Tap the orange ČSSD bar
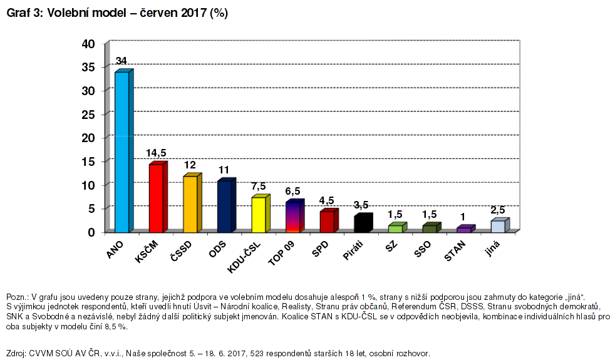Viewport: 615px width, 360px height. coord(190,204)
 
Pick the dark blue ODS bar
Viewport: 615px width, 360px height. coord(224,207)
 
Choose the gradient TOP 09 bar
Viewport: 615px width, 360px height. coord(292,217)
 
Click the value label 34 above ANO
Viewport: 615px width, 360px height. coord(121,61)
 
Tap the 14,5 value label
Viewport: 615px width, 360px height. coord(156,153)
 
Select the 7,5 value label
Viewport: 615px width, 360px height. coord(259,186)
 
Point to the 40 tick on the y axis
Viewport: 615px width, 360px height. coord(88,44)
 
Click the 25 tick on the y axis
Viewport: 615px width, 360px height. coord(88,114)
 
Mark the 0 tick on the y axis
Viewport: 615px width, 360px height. coord(91,232)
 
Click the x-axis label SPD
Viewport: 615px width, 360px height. coord(320,250)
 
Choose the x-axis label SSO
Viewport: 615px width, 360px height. coord(423,250)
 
